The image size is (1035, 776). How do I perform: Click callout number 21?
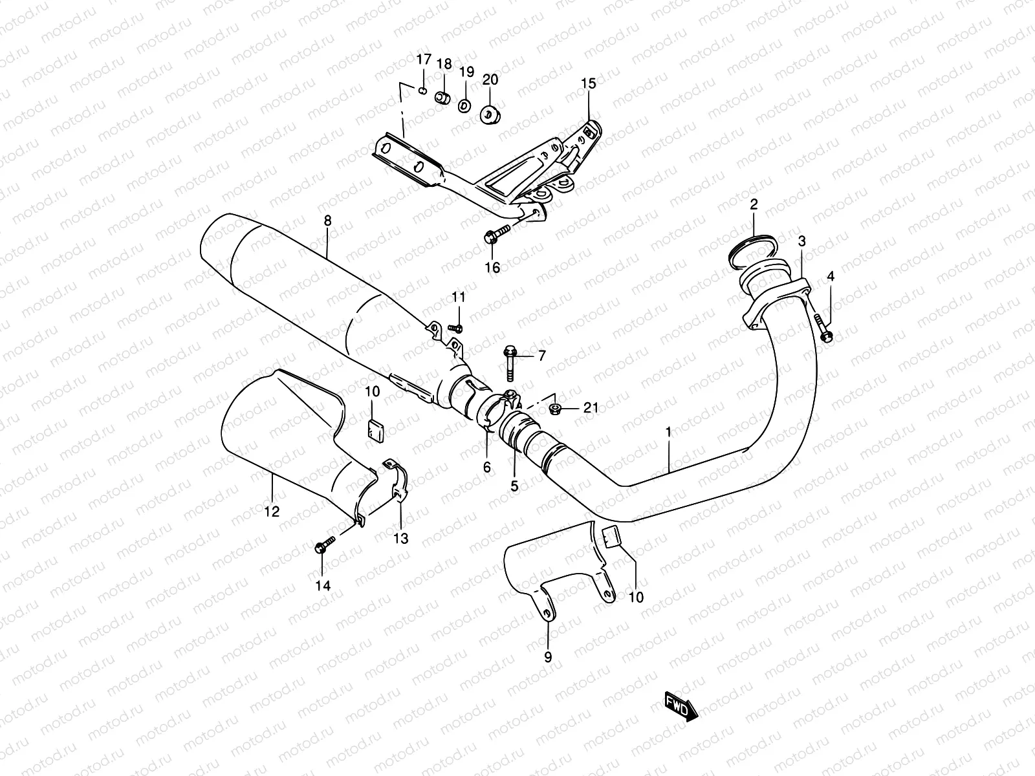(x=591, y=407)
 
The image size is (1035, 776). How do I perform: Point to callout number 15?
(x=588, y=83)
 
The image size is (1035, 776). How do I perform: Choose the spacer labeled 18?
(x=442, y=98)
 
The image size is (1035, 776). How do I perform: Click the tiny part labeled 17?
(x=422, y=91)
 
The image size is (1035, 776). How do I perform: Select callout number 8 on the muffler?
(x=327, y=221)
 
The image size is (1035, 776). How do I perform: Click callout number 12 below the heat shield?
(x=272, y=511)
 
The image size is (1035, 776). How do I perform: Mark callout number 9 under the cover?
(x=547, y=656)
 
